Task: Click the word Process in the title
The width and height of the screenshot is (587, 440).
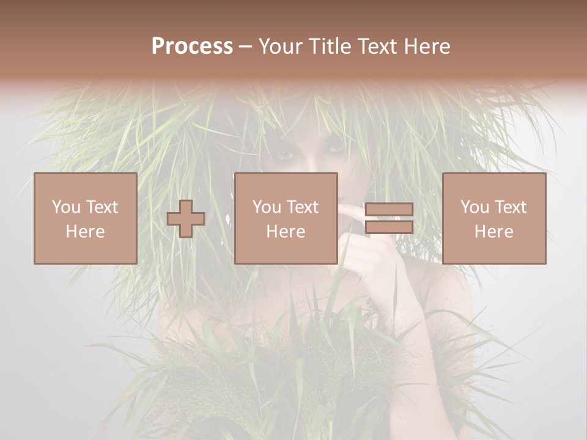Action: click(x=192, y=46)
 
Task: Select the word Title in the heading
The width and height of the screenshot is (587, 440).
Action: click(x=328, y=46)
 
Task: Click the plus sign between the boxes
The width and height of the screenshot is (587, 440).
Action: click(x=186, y=219)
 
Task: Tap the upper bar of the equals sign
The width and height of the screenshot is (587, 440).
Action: click(x=389, y=210)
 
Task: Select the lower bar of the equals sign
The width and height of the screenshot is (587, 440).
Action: click(x=389, y=227)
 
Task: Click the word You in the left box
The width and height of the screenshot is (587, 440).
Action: click(x=66, y=207)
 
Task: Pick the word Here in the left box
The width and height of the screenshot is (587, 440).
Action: click(x=85, y=232)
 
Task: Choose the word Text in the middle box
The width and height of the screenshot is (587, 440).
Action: click(x=303, y=207)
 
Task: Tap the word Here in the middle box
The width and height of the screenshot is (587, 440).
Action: click(x=286, y=232)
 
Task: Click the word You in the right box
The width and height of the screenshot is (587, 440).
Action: click(x=474, y=207)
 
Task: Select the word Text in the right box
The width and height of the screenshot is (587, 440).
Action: click(x=511, y=207)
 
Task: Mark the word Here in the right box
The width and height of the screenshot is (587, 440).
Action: click(x=493, y=232)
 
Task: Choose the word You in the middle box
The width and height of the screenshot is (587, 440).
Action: click(x=267, y=207)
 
